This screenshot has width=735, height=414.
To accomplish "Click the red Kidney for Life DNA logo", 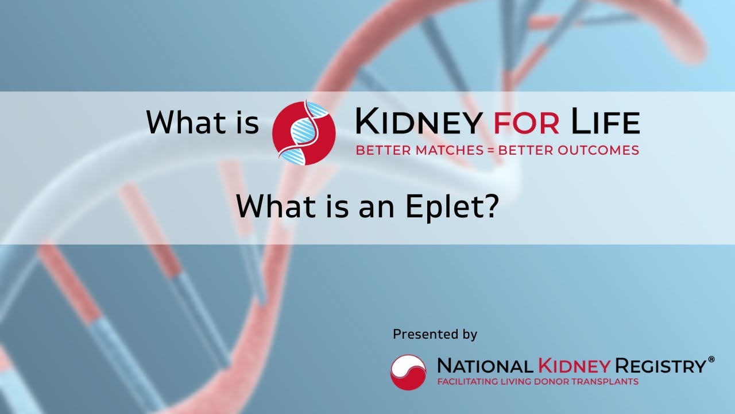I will pos(304,132).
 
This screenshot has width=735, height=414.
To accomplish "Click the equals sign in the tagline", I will pos(490,151).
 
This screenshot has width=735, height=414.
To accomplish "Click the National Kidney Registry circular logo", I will pos(408,372).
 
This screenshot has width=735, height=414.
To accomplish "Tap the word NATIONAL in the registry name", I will pos(486,366).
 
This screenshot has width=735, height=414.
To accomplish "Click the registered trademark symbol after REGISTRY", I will pos(711,359).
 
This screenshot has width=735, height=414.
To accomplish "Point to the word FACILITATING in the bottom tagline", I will pos(465,382).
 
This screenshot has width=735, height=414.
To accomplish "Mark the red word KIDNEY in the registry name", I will pos(575,366).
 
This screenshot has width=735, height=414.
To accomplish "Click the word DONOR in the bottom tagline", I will pos(556,382).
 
